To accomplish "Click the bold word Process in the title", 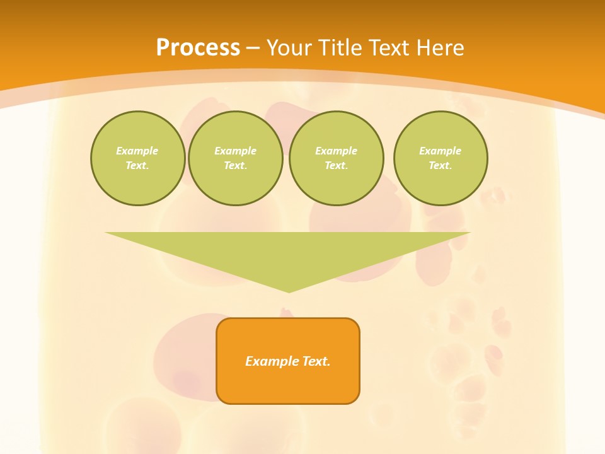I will coord(198,48).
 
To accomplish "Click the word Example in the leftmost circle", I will coord(137,151).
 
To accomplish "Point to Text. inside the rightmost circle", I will coord(440,165).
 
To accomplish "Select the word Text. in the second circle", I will coord(235,165).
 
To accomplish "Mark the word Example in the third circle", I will coord(336,151).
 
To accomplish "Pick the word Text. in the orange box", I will coord(315,361).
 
